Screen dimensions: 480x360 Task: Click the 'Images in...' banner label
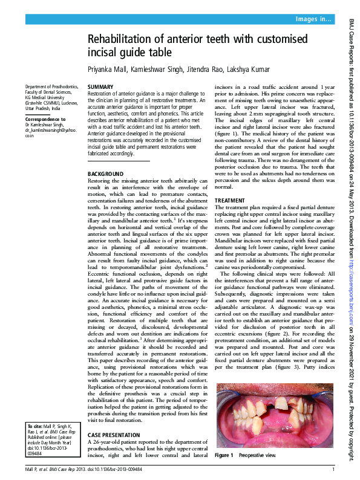(313, 20)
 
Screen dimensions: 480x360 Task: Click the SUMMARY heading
(100, 88)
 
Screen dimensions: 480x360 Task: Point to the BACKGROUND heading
(106, 174)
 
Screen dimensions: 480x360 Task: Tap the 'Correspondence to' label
(45, 120)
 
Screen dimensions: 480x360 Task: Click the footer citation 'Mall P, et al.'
(38, 469)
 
